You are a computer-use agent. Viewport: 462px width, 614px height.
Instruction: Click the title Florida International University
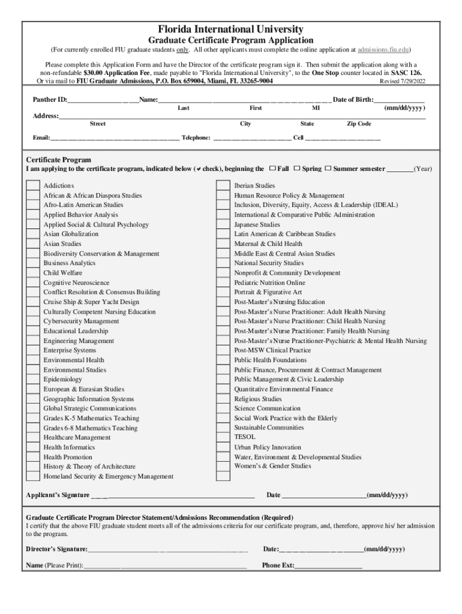pyautogui.click(x=231, y=29)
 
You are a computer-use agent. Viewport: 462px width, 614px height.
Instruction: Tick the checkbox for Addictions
pyautogui.click(x=33, y=186)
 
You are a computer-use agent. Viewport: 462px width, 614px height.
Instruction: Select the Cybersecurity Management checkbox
pyautogui.click(x=33, y=321)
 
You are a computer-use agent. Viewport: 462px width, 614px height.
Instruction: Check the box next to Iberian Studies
pyautogui.click(x=223, y=186)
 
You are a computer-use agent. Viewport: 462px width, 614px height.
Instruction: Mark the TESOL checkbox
pyautogui.click(x=223, y=437)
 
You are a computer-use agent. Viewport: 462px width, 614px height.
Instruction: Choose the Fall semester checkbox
pyautogui.click(x=273, y=168)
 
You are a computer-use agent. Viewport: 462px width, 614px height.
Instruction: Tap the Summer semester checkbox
pyautogui.click(x=328, y=168)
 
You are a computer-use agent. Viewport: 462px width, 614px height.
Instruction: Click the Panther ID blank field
pyautogui.click(x=103, y=100)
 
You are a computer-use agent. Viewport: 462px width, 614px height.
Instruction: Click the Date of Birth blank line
pyautogui.click(x=399, y=100)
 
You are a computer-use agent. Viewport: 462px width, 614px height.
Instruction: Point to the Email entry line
pyautogui.click(x=114, y=138)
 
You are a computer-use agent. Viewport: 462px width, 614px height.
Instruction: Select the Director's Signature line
pyautogui.click(x=167, y=549)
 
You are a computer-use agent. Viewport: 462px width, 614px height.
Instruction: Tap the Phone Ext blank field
pyautogui.click(x=328, y=565)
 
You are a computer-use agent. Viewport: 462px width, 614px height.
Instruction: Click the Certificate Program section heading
pyautogui.click(x=59, y=160)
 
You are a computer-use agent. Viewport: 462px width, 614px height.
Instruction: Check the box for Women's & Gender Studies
pyautogui.click(x=223, y=466)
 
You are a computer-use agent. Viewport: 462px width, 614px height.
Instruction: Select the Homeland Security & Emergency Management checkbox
pyautogui.click(x=33, y=476)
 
